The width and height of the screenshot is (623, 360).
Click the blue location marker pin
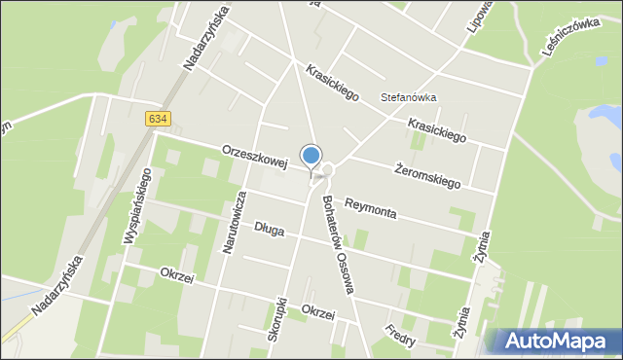(x=311, y=157)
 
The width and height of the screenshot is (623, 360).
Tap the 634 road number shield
(x=158, y=119)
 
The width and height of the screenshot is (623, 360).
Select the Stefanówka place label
(x=408, y=97)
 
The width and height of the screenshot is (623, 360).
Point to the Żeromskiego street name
(x=428, y=175)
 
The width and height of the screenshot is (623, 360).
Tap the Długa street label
(x=269, y=230)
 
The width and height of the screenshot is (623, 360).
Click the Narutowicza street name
(x=232, y=221)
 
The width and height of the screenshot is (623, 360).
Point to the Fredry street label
(x=400, y=336)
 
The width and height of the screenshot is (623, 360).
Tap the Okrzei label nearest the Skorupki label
(x=318, y=313)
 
